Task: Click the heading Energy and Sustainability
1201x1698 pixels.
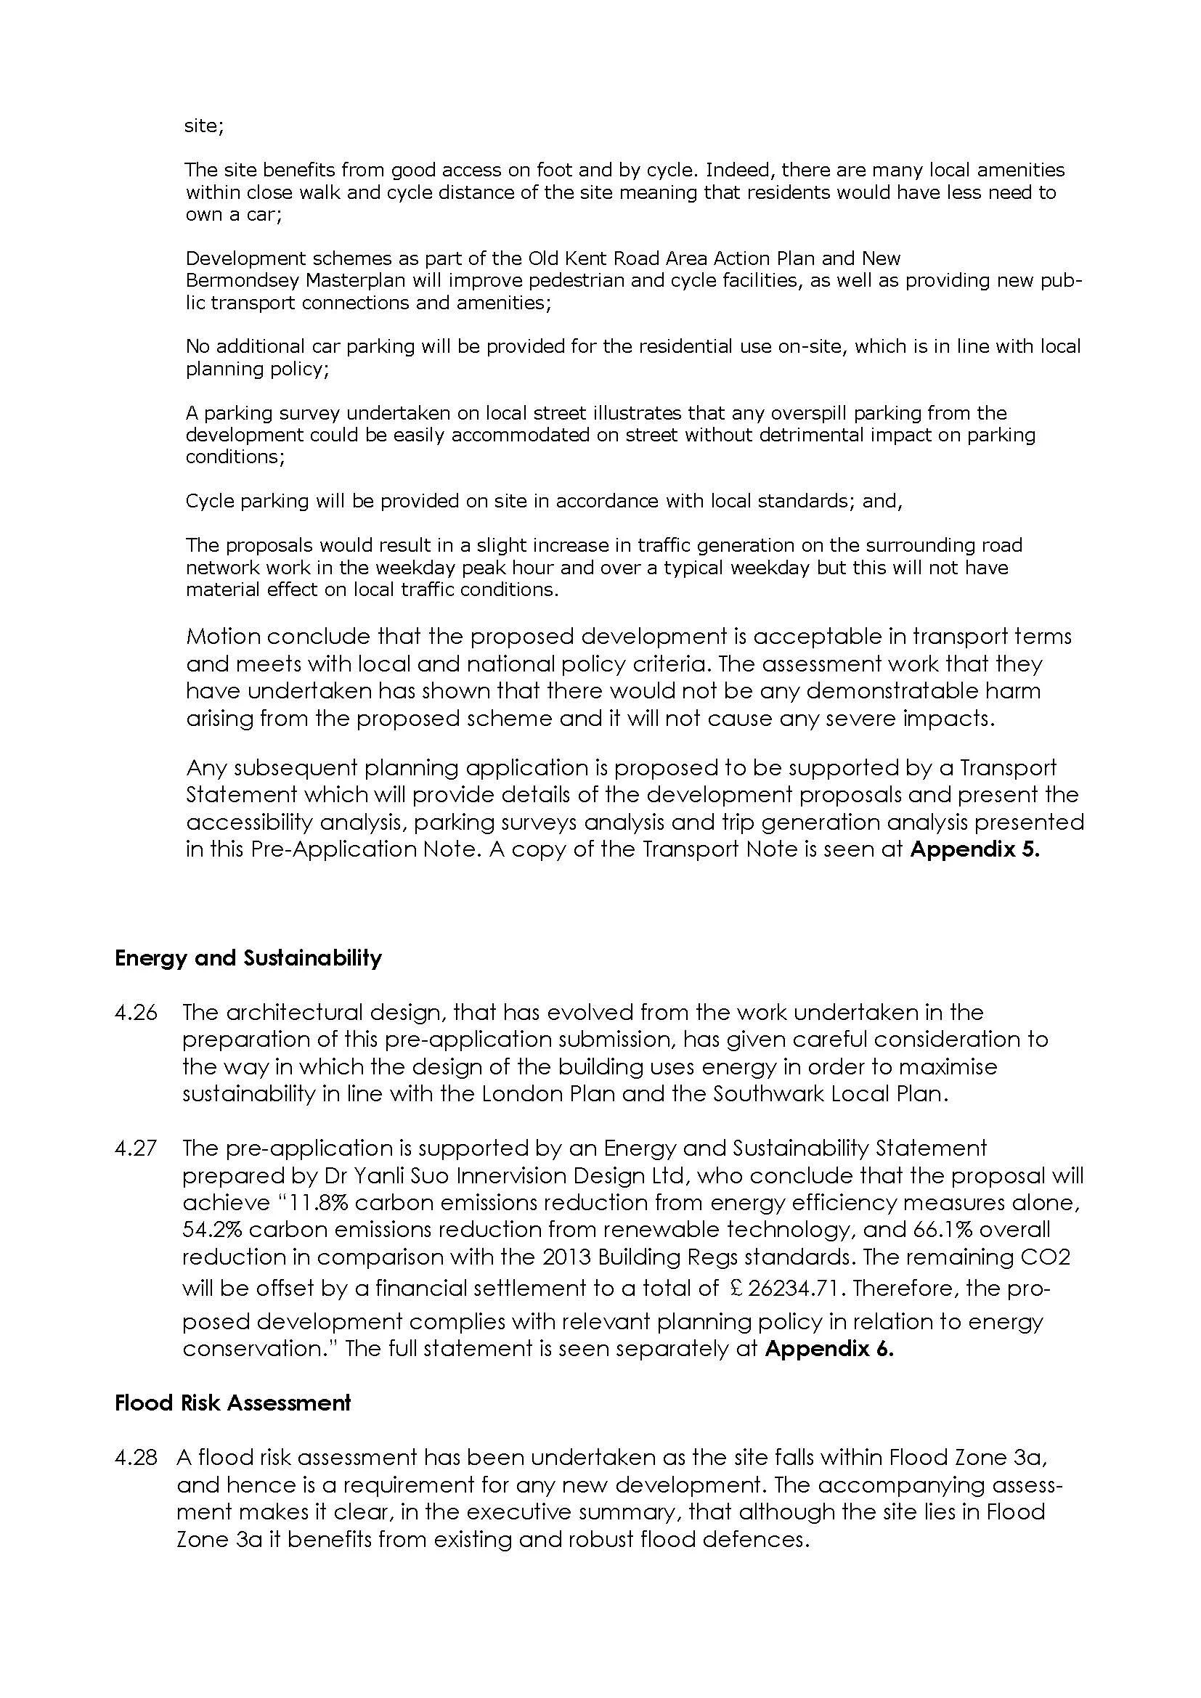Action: [248, 958]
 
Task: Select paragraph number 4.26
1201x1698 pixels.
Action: [136, 1012]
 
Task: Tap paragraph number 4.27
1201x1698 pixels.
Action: [136, 1148]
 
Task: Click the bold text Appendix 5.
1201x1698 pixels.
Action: [974, 849]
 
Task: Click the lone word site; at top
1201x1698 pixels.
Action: [204, 126]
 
